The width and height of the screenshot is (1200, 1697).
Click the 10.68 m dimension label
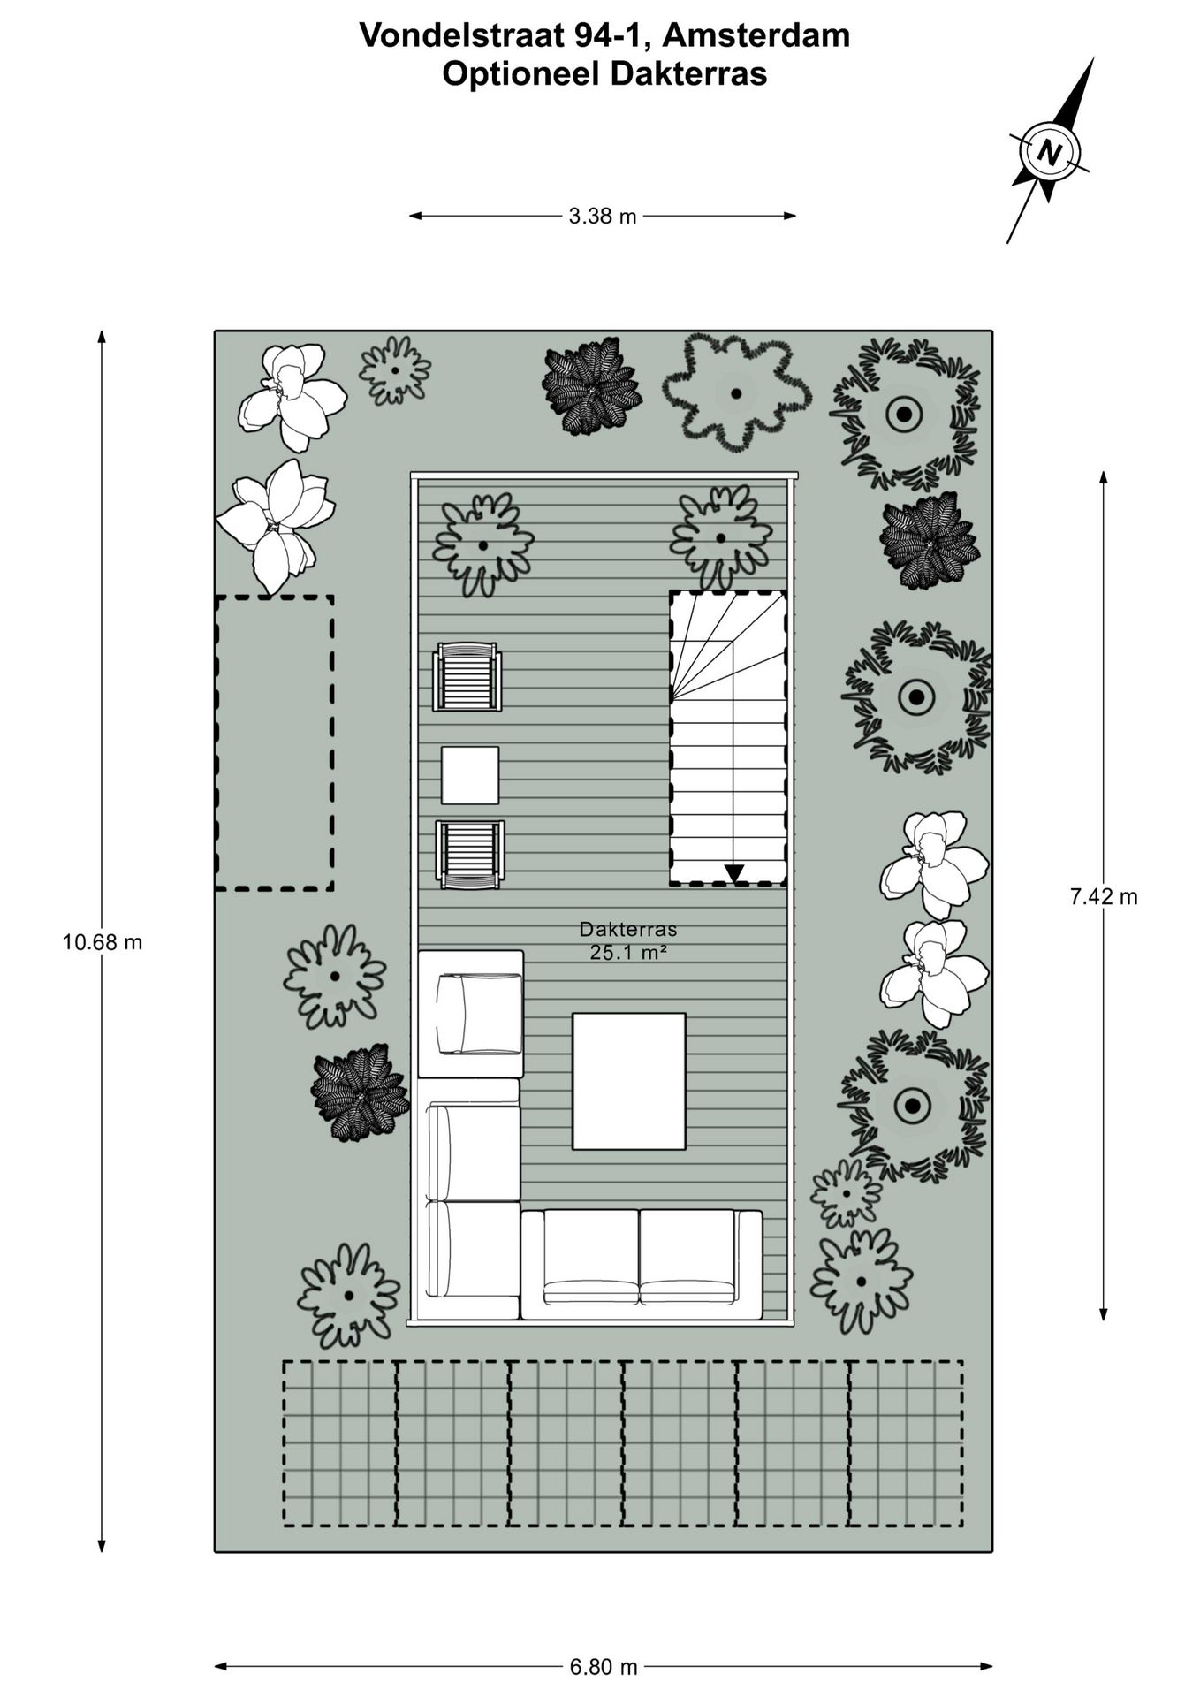102,942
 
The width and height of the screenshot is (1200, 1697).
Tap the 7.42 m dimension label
1104,897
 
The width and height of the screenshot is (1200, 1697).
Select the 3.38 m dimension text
603,217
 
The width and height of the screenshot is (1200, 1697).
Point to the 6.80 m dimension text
604,1668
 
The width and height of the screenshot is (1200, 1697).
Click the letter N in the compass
1049,152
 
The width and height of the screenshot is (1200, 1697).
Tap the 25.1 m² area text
627,953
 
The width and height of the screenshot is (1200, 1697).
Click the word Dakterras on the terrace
627,929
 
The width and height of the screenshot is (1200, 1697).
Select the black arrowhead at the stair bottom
733,874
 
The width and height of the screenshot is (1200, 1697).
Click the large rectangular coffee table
628,1081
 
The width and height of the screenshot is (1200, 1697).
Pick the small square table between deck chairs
469,775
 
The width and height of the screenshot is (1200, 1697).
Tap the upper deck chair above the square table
467,677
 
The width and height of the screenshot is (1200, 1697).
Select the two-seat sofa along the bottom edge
641,1264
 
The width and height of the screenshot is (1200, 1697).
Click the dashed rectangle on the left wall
274,742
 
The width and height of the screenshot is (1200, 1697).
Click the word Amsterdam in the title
756,35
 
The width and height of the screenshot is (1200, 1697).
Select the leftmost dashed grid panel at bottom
339,1443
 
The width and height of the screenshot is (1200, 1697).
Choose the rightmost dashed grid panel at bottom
905,1443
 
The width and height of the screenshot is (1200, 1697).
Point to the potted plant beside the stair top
720,537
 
